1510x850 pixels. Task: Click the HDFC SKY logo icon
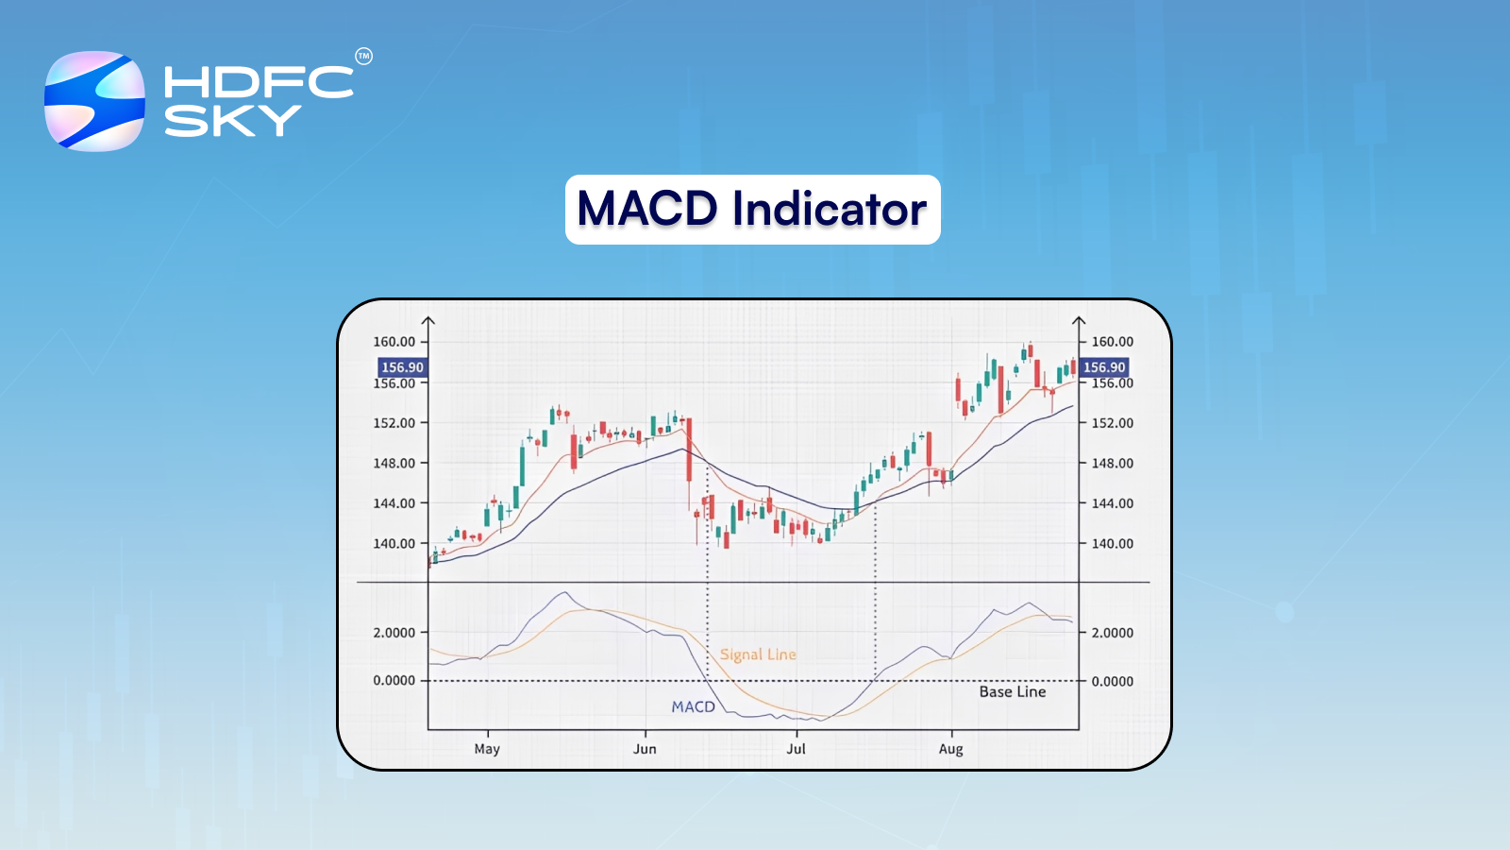tap(94, 101)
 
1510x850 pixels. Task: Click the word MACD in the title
tap(646, 209)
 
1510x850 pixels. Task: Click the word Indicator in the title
tap(830, 209)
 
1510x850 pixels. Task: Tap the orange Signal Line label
tap(758, 654)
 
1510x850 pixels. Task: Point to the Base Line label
tap(1012, 692)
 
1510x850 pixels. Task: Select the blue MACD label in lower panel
tap(693, 706)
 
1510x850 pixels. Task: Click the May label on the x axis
tap(487, 749)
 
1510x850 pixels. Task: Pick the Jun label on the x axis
tap(645, 749)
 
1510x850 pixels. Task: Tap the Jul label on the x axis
tap(796, 749)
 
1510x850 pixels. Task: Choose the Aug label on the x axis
tap(950, 749)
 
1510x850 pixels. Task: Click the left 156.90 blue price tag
tap(402, 367)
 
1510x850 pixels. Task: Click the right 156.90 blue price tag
tap(1104, 367)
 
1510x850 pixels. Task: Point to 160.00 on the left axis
tap(394, 342)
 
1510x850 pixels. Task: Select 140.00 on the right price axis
tap(1113, 544)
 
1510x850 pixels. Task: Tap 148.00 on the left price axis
tap(394, 464)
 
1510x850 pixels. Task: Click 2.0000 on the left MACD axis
tap(394, 633)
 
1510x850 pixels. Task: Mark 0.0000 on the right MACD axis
tap(1113, 681)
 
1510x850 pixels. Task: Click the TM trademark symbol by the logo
tap(363, 57)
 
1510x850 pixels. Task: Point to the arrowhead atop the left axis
tap(428, 320)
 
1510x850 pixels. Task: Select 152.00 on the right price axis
tap(1113, 423)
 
